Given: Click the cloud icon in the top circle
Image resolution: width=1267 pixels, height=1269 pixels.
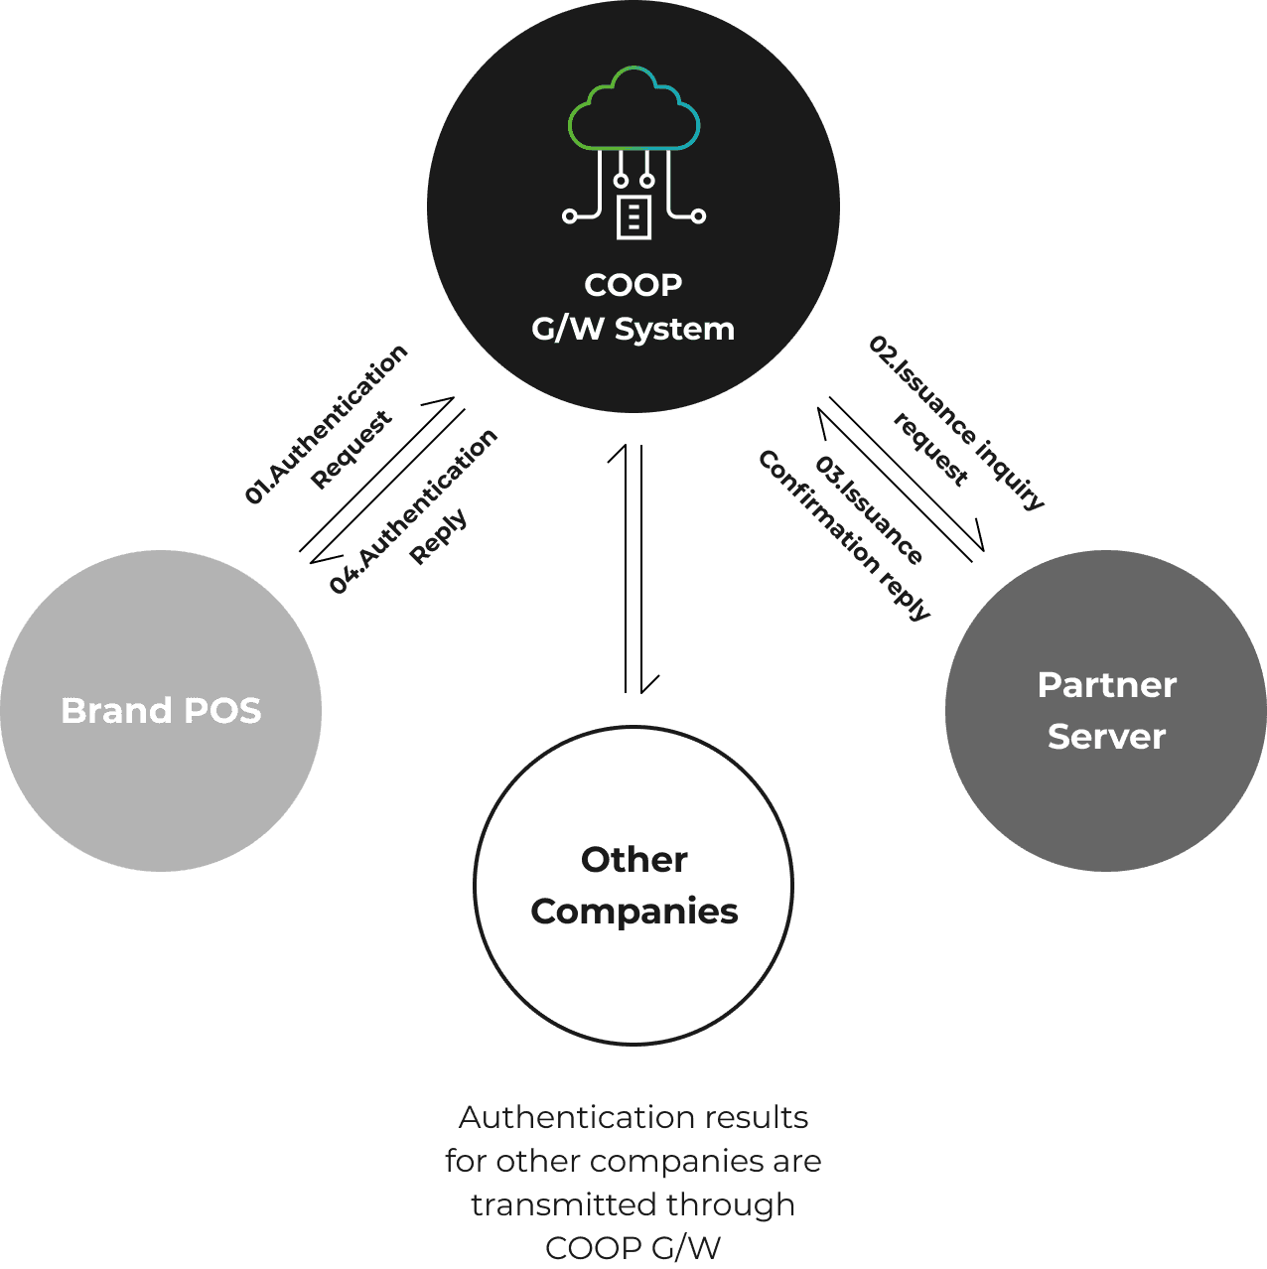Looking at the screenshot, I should tap(633, 109).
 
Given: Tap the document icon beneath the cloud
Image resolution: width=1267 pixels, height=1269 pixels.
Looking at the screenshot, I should tap(633, 216).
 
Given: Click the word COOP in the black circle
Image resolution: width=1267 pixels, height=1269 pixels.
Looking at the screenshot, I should tap(633, 285).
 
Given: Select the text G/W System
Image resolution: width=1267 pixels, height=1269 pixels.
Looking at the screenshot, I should tap(633, 329).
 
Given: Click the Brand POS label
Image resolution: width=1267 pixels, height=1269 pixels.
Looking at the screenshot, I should tap(161, 711).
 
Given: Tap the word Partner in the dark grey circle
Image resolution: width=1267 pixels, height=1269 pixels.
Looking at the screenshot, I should tap(1106, 685).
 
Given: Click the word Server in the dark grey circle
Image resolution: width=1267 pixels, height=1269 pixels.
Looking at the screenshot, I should tap(1106, 737).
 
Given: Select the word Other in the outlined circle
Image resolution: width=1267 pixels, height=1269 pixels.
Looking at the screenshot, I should tap(633, 860).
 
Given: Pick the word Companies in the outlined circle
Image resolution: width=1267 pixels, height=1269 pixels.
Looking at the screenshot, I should tap(633, 912).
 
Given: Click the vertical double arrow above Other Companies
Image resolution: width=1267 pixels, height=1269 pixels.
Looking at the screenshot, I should tap(633, 568).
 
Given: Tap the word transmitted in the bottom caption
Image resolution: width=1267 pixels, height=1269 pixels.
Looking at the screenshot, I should tap(563, 1205).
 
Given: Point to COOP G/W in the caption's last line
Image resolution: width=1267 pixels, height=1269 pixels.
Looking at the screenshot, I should tap(633, 1248).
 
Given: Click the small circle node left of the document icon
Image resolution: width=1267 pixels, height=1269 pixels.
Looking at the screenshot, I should tap(569, 216).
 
